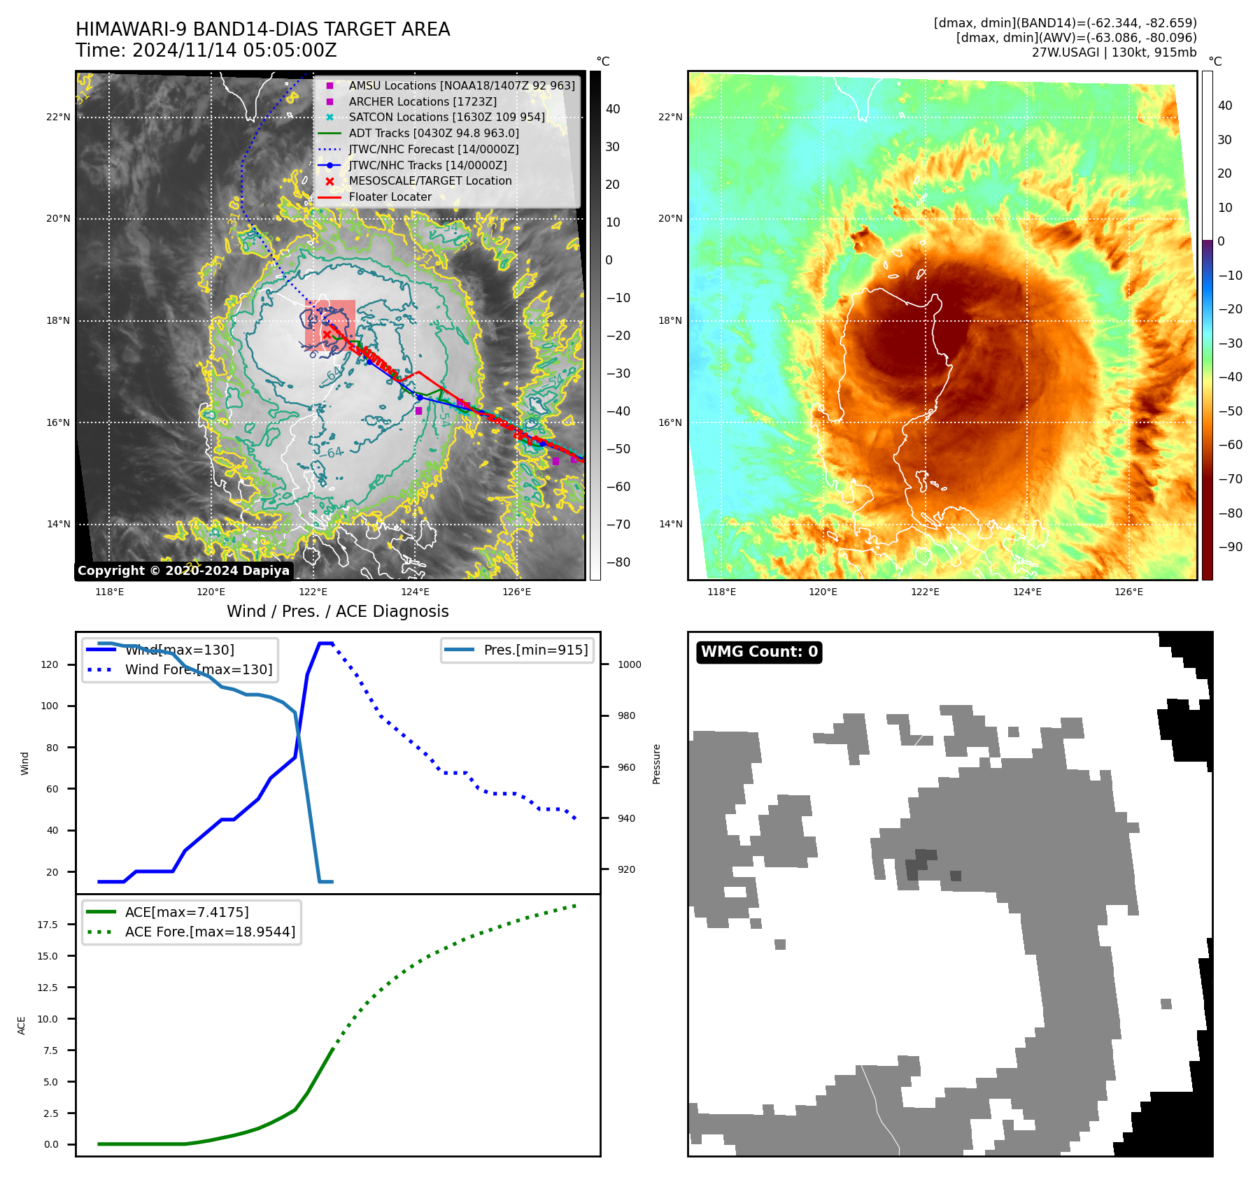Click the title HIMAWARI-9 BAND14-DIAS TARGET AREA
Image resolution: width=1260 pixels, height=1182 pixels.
262,29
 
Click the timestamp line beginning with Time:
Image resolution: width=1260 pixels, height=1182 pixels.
206,51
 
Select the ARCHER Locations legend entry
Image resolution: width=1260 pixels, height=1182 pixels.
423,101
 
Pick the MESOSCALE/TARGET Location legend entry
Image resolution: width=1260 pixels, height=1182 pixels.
430,180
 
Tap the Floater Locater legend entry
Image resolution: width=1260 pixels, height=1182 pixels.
390,197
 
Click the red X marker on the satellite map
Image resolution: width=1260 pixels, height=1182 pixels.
327,335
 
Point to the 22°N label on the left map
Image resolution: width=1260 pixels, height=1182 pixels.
58,117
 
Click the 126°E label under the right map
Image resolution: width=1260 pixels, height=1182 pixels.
1128,592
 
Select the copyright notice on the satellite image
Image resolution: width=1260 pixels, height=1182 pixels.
183,571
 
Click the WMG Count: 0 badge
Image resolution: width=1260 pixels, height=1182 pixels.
759,652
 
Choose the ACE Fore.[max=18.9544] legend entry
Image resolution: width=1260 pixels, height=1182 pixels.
210,932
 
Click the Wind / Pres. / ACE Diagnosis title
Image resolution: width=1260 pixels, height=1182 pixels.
337,611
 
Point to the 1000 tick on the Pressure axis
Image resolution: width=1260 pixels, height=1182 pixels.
629,664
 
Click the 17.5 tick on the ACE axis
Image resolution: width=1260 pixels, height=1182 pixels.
48,925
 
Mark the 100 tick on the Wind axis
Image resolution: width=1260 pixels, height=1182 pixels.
50,706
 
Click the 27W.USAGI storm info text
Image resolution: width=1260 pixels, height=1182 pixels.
1114,52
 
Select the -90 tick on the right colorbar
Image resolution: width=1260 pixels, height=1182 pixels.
1230,547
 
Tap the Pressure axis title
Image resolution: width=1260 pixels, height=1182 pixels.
656,764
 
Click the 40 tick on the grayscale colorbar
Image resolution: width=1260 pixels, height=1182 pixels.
613,109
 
